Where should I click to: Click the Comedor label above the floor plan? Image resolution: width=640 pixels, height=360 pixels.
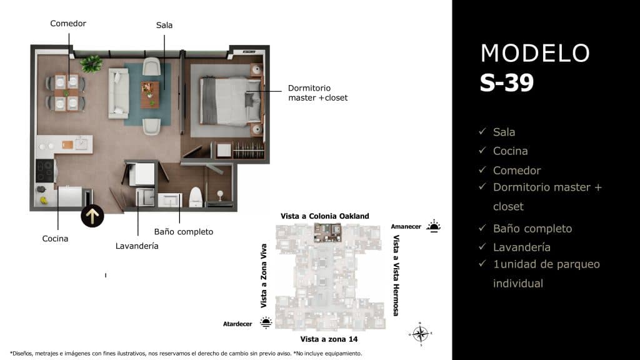(68, 24)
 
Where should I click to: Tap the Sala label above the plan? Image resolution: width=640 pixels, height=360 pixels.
(164, 26)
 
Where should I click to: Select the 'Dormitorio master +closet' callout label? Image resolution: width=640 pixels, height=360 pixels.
(317, 93)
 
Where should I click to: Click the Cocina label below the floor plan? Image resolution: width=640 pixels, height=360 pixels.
(55, 239)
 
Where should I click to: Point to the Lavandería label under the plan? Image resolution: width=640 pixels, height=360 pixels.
(137, 246)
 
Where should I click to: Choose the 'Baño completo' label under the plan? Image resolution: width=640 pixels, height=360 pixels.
(184, 232)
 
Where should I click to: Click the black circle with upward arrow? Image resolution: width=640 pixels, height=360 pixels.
(92, 216)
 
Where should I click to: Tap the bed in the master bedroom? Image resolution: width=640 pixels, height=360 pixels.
(224, 101)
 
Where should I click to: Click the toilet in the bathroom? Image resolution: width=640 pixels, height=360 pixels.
(196, 196)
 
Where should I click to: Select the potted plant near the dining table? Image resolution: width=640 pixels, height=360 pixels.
(92, 63)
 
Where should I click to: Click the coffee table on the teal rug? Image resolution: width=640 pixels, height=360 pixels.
(150, 94)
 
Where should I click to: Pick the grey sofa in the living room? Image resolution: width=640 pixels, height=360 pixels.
(119, 93)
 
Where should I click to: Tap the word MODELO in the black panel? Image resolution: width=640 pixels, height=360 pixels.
(535, 54)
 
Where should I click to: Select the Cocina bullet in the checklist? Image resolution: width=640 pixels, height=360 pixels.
(510, 151)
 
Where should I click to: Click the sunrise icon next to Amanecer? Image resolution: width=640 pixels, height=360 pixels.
(433, 226)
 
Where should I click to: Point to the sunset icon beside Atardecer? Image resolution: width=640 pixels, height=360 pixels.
(266, 322)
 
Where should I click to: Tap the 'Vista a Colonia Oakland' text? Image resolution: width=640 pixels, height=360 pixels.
(324, 216)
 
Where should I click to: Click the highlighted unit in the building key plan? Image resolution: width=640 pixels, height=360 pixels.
(327, 233)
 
